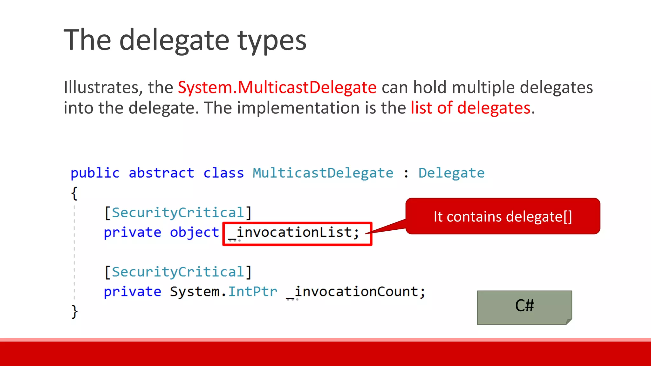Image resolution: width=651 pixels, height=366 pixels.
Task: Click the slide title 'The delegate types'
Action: coord(185,40)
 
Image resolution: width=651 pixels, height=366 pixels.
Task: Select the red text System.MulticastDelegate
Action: coord(277,87)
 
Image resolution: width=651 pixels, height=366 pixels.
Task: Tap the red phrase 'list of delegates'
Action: coord(470,108)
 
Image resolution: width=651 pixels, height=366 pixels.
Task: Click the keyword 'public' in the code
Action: coord(95,173)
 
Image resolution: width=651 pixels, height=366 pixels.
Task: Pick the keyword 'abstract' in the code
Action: coord(161,173)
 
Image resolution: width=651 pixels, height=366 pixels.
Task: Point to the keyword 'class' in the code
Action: coord(223,173)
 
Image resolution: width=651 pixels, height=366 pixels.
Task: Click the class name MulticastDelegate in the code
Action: coord(323,173)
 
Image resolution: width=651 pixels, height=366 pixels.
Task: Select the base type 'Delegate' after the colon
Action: coord(451,173)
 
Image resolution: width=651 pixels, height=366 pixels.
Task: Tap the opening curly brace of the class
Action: coord(74,193)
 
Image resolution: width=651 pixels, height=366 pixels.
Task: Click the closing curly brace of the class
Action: coord(74,311)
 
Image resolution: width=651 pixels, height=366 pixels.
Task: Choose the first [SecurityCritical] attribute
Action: coord(178,213)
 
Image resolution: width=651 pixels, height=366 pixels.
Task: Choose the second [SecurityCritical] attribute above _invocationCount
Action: coord(178,272)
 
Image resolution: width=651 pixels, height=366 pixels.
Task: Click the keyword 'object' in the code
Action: coord(194,233)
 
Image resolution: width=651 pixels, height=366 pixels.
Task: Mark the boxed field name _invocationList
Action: coord(297,233)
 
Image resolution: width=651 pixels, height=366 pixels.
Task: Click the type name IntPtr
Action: coord(253,292)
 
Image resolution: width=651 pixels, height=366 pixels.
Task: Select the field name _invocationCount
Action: coord(355,292)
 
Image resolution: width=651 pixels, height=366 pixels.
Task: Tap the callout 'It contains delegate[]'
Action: coord(503,217)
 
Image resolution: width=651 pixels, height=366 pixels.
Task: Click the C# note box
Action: coord(524,307)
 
